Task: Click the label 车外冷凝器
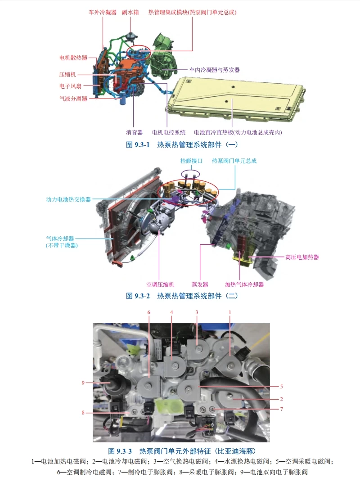pos(103,12)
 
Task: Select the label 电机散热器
pos(73,58)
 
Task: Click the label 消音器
pos(134,132)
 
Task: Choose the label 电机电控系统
pos(169,132)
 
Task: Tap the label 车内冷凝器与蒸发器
pos(214,70)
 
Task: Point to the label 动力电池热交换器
pos(68,199)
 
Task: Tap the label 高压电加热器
pos(302,257)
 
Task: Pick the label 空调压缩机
pos(160,284)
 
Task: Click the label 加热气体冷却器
pos(244,284)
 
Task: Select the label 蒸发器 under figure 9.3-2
pos(200,284)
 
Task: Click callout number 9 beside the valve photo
pos(83,383)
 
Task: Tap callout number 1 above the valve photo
pos(230,312)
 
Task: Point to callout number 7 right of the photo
pos(282,409)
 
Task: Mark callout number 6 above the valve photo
pos(148,312)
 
